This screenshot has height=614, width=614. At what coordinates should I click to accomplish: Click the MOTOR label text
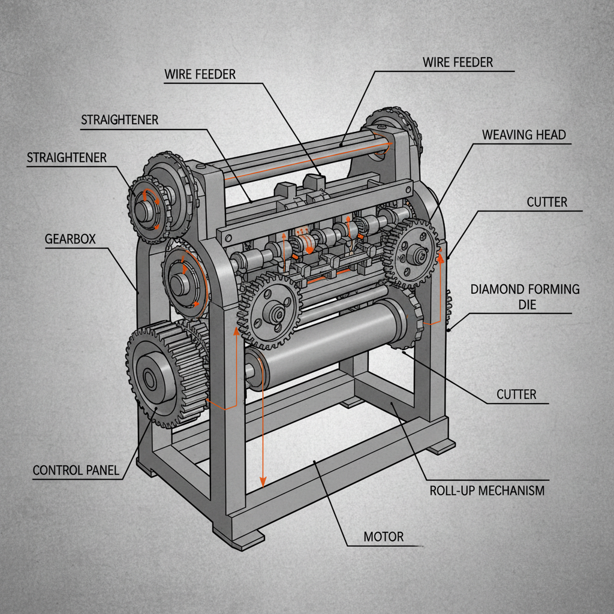point(384,537)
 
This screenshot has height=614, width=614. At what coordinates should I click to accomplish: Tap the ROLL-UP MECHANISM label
point(487,490)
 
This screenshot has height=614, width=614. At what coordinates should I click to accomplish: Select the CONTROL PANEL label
point(76,470)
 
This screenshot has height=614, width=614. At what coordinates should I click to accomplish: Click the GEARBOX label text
point(70,238)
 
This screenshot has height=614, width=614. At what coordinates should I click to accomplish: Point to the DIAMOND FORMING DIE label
point(525,296)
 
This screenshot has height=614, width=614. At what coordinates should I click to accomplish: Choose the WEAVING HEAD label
point(523,134)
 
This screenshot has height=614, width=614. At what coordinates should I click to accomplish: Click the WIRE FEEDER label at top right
point(458,62)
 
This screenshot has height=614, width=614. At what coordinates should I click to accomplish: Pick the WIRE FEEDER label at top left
point(200,74)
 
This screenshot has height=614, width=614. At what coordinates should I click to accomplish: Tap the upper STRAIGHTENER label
point(119,120)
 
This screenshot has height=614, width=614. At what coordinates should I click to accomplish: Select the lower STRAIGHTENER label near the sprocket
point(67,158)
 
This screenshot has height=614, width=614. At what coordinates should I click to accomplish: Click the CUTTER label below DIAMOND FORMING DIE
point(516,394)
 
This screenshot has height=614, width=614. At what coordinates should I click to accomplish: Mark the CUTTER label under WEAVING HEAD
point(546,202)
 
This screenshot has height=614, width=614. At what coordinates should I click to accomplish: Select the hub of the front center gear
point(276,311)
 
